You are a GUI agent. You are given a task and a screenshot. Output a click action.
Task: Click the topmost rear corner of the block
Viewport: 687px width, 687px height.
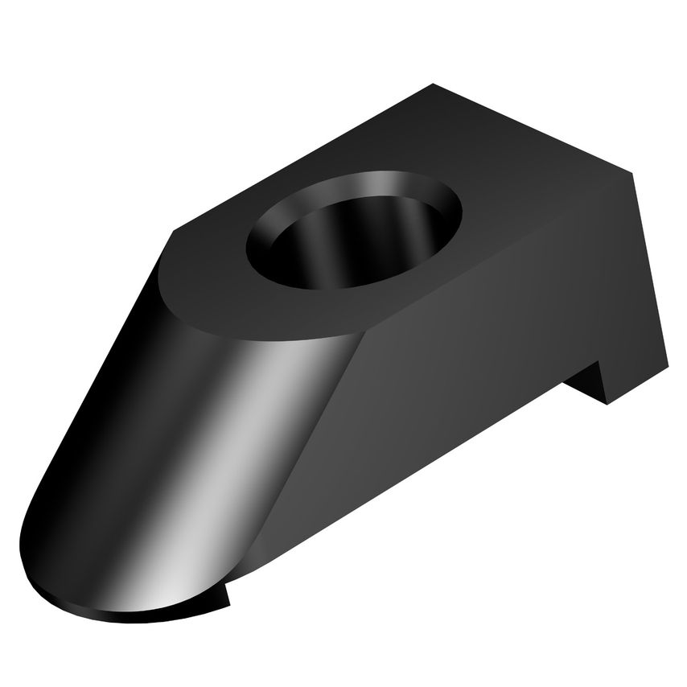(433, 84)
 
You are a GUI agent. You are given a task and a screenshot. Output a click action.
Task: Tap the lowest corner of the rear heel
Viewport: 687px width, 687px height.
(608, 403)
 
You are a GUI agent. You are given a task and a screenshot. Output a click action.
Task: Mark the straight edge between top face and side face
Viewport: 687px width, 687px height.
(499, 257)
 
